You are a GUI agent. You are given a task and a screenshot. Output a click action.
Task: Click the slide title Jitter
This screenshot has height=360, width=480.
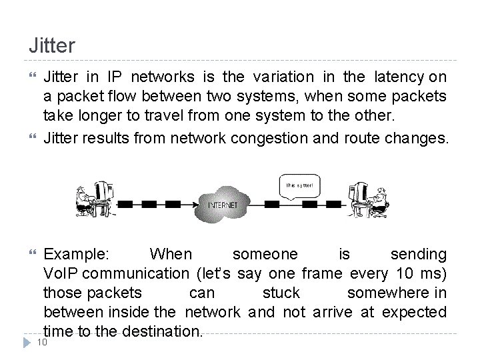tap(52, 45)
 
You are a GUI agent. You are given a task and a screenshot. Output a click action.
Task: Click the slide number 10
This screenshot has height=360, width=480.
tap(41, 343)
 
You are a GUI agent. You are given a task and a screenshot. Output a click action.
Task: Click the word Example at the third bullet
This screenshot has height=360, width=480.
tap(77, 255)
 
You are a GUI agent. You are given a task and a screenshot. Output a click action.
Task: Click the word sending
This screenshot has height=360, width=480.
tap(419, 255)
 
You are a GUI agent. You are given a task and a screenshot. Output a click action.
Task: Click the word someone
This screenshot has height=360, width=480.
tap(265, 255)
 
